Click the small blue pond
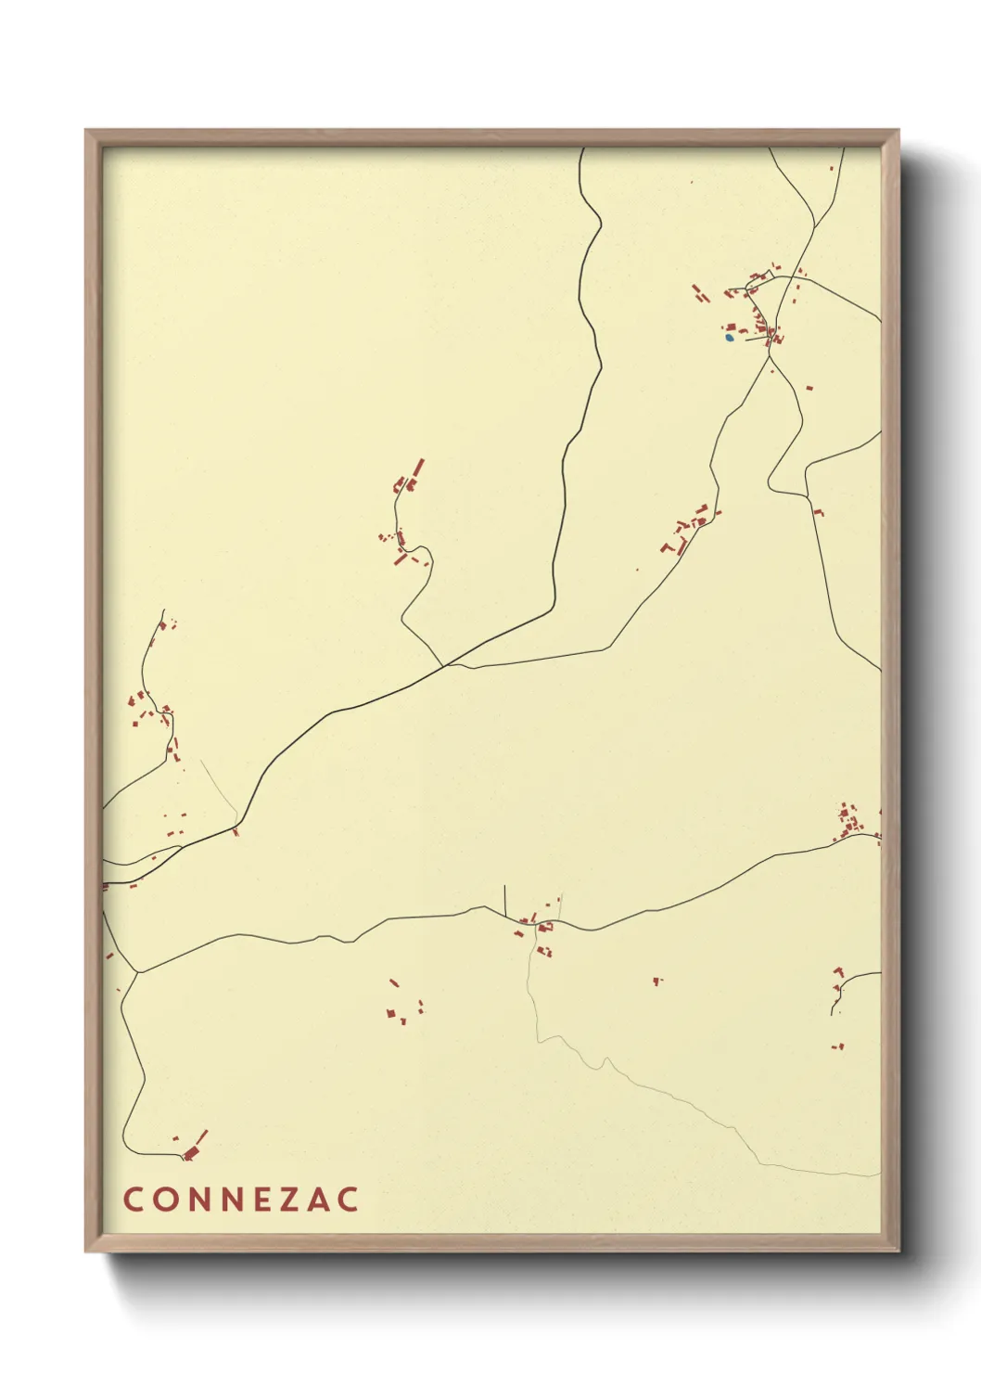pyautogui.click(x=730, y=337)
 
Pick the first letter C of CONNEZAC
pyautogui.click(x=133, y=1199)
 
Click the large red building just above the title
pyautogui.click(x=192, y=1152)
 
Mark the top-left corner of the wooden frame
pyautogui.click(x=86, y=131)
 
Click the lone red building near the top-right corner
pyautogui.click(x=831, y=169)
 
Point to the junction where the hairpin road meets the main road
pyautogui.click(x=443, y=665)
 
